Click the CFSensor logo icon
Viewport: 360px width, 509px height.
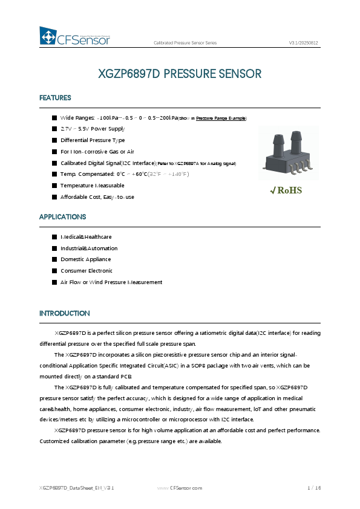tap(48, 37)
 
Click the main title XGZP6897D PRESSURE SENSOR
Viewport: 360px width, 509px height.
tap(180, 74)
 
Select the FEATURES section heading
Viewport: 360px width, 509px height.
tap(55, 98)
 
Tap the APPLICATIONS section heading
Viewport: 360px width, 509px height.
tap(62, 216)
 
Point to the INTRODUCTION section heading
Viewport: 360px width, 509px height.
tap(64, 313)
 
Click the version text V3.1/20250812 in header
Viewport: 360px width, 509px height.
tap(304, 43)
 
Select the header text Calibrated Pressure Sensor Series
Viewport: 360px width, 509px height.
tap(185, 43)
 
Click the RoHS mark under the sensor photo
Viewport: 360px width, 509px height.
tap(286, 190)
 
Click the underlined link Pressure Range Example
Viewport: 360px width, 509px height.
tap(221, 118)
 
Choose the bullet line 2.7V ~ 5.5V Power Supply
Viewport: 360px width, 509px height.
tap(92, 129)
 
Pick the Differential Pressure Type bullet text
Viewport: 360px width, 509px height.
tap(93, 140)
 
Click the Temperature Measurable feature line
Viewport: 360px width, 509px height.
tap(92, 186)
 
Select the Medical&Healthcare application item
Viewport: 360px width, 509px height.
tap(86, 237)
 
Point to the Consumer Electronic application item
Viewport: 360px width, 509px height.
tap(86, 271)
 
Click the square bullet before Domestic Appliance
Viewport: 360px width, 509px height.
tap(54, 259)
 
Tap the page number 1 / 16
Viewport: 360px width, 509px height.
tap(314, 487)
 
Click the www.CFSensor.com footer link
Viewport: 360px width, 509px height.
tap(180, 487)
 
